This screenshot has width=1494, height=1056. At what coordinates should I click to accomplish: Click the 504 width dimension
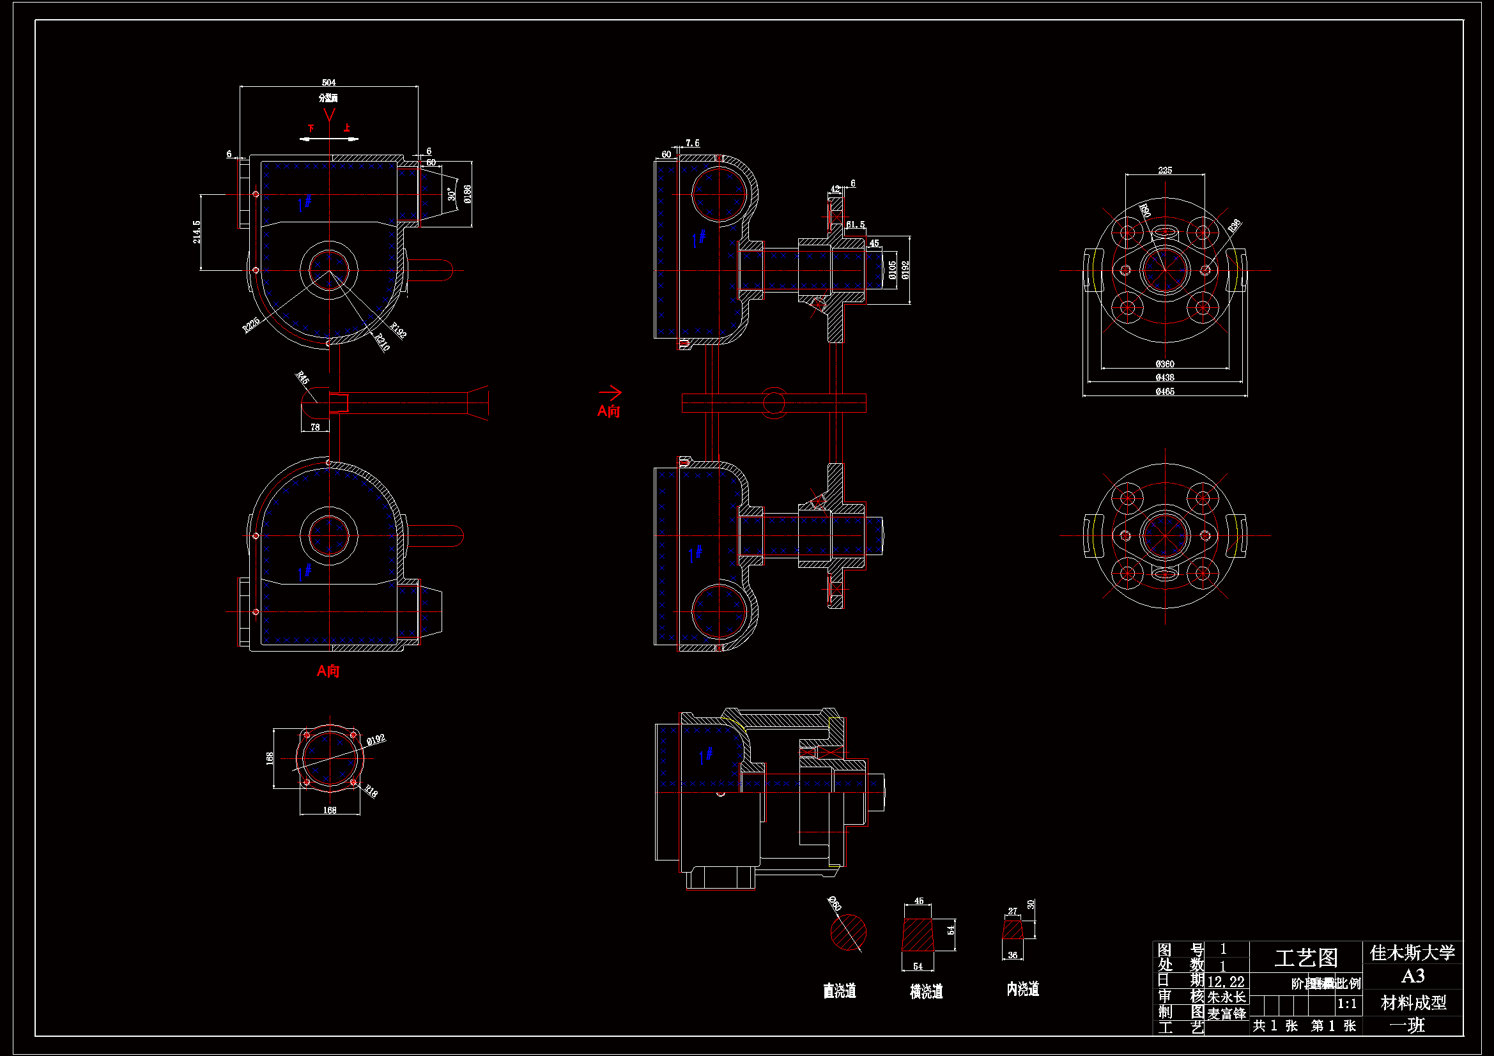pyautogui.click(x=328, y=82)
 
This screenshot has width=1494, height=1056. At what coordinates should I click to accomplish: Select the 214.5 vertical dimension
pyautogui.click(x=197, y=232)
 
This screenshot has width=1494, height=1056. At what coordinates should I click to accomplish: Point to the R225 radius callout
pyautogui.click(x=251, y=324)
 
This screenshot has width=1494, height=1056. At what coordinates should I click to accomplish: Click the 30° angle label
pyautogui.click(x=451, y=193)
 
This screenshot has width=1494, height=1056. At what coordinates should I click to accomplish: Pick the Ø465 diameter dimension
pyautogui.click(x=1164, y=392)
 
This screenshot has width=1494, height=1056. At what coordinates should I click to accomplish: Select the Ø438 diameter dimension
pyautogui.click(x=1164, y=378)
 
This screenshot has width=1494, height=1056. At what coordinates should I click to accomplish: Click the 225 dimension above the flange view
pyautogui.click(x=1164, y=171)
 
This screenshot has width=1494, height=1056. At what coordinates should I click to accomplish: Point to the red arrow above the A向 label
pyautogui.click(x=610, y=392)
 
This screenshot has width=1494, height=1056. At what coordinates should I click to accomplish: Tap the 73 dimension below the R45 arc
pyautogui.click(x=315, y=427)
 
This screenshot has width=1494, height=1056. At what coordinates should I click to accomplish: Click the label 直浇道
pyautogui.click(x=840, y=991)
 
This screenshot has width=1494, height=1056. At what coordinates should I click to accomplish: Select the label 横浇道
pyautogui.click(x=926, y=991)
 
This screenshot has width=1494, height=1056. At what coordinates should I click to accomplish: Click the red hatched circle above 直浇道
pyautogui.click(x=848, y=932)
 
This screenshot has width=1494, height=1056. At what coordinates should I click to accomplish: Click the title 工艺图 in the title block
pyautogui.click(x=1305, y=958)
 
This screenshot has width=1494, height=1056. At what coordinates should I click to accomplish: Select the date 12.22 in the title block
pyautogui.click(x=1225, y=982)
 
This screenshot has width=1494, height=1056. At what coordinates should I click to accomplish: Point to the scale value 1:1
pyautogui.click(x=1346, y=1004)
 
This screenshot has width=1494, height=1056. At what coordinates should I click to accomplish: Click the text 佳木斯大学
pyautogui.click(x=1412, y=953)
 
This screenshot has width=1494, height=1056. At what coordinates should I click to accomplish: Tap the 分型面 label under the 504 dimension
pyautogui.click(x=328, y=98)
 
